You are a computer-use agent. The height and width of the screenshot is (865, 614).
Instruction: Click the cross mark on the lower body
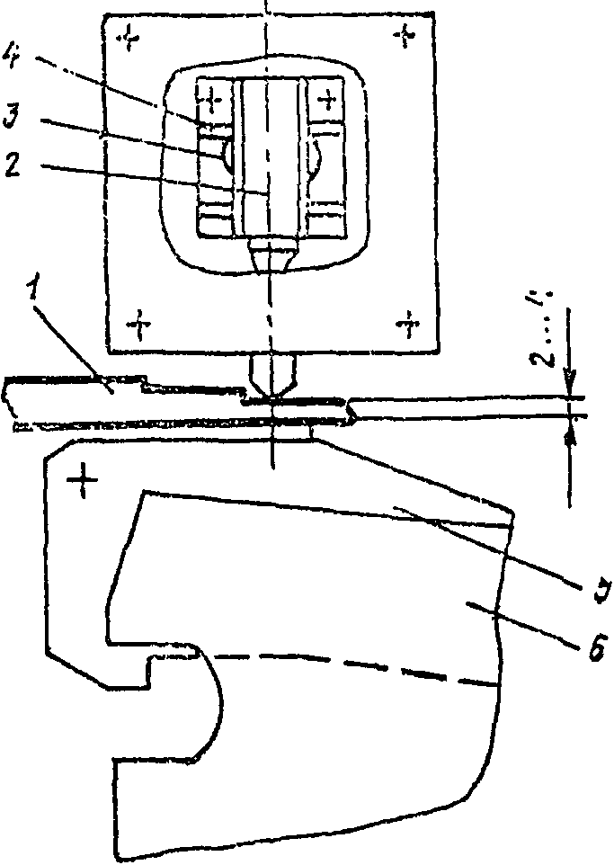pyautogui.click(x=84, y=484)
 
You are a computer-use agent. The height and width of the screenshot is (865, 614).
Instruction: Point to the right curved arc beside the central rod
pyautogui.click(x=317, y=156)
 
